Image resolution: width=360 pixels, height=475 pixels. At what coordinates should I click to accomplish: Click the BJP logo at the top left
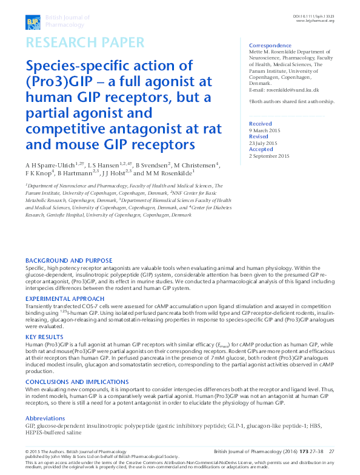32,22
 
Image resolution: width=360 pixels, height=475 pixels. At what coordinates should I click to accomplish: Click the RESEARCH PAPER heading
85,42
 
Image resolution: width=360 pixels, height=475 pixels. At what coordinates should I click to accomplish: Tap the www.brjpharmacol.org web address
315,21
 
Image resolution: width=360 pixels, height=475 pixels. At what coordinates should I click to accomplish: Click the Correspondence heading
270,45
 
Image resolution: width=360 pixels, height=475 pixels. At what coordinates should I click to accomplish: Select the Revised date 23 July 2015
267,144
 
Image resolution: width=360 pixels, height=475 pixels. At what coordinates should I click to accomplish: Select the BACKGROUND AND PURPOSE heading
68,260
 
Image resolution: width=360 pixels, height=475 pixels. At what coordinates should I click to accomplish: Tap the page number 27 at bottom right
332,451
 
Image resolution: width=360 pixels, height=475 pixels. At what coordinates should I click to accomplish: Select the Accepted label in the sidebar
261,149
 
